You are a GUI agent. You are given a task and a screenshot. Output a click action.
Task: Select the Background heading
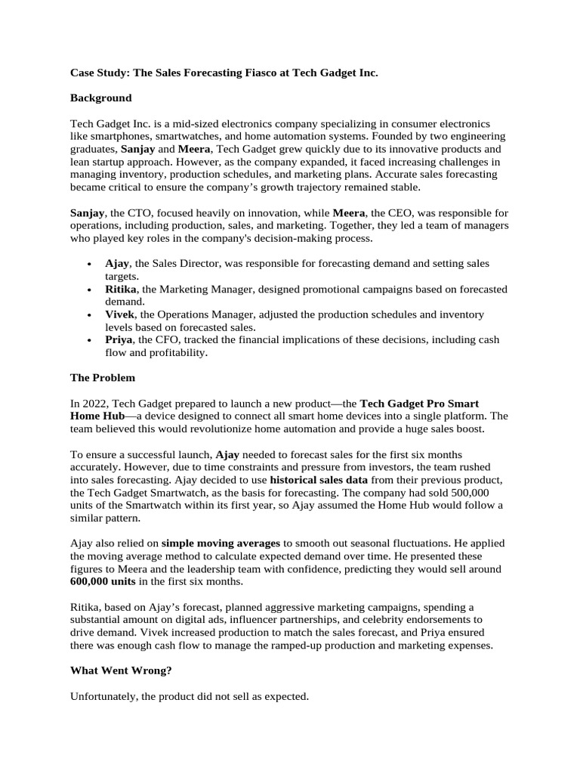pyautogui.click(x=100, y=98)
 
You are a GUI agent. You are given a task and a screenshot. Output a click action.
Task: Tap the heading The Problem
pyautogui.click(x=103, y=377)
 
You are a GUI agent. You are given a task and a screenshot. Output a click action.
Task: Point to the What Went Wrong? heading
pyautogui.click(x=121, y=670)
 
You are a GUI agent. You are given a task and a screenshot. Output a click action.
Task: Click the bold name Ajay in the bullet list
pyautogui.click(x=117, y=263)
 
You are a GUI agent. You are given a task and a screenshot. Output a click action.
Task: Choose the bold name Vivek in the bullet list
pyautogui.click(x=120, y=314)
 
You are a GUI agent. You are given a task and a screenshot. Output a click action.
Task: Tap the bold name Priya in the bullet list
pyautogui.click(x=119, y=339)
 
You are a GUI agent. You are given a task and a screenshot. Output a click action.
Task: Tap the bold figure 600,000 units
pyautogui.click(x=103, y=580)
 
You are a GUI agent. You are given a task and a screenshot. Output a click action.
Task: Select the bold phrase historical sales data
pyautogui.click(x=319, y=479)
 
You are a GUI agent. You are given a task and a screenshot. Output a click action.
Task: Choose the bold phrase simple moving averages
pyautogui.click(x=221, y=543)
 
